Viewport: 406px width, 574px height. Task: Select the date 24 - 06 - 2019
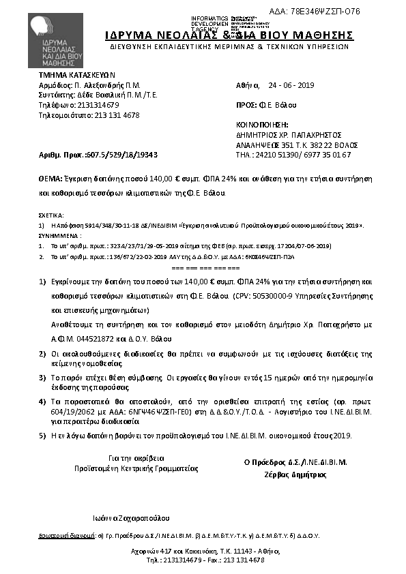[x=291, y=87]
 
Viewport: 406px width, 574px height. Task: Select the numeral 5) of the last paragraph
[x=42, y=434]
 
